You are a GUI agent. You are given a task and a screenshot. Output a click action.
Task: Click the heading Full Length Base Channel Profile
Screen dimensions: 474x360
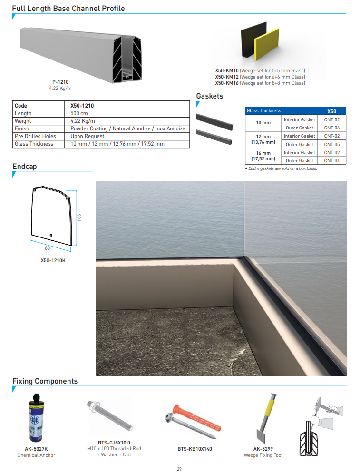click(68, 8)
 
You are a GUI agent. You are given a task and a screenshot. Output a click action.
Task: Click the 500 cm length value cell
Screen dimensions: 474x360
click(79, 113)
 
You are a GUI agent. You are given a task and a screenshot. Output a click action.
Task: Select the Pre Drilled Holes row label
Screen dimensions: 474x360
click(35, 136)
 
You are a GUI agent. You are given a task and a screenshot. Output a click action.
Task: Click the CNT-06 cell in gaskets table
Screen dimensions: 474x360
click(331, 128)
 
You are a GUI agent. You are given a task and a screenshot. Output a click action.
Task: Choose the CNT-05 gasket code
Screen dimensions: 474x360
click(331, 144)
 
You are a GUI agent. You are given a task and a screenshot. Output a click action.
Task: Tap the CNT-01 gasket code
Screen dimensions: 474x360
click(331, 161)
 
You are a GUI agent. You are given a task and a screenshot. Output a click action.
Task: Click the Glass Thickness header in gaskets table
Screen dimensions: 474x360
click(263, 111)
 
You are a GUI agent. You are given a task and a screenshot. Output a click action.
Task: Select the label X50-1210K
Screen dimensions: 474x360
click(53, 260)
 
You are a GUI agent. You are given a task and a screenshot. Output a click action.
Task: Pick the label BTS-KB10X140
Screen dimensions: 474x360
click(195, 449)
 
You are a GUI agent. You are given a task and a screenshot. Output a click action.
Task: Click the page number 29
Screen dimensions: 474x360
click(179, 469)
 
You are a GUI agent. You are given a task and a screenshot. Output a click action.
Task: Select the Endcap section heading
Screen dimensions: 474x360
click(24, 167)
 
